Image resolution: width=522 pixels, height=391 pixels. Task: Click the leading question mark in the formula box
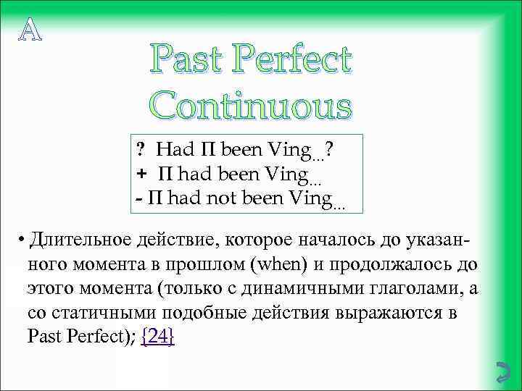pyautogui.click(x=141, y=150)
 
